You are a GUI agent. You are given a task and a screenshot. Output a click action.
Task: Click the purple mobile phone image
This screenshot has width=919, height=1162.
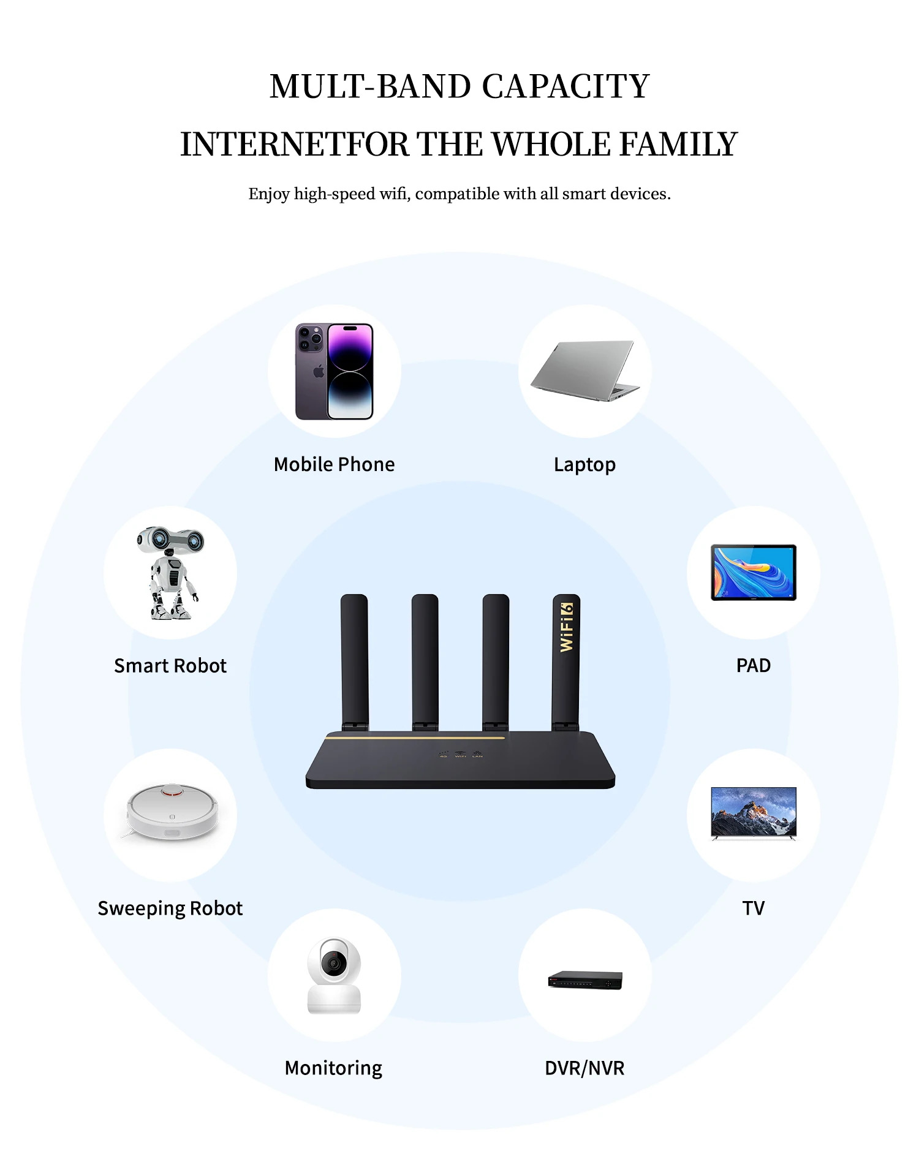335,371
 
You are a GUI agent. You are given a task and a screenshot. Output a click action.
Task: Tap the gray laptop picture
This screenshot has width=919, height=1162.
585,371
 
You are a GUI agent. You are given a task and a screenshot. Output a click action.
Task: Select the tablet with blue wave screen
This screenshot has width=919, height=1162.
754,572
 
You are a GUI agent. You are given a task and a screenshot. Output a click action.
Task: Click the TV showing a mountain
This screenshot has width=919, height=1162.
754,812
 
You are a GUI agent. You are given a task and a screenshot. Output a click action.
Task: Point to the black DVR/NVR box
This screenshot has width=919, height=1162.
585,979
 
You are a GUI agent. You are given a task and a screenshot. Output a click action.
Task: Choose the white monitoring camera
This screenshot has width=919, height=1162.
334,975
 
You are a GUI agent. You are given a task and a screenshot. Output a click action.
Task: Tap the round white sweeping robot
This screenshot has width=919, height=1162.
172,811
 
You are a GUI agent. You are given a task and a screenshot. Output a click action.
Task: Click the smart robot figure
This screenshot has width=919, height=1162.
170,572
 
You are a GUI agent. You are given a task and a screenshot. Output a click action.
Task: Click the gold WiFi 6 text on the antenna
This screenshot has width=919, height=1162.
567,627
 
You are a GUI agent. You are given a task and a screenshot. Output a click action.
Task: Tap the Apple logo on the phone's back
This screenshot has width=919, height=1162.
319,371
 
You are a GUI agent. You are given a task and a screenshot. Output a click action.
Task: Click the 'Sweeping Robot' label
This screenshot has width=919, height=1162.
170,908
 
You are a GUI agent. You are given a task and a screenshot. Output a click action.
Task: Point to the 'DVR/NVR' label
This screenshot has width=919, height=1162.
584,1068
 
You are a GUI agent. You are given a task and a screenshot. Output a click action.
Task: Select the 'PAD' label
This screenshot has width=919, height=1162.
754,665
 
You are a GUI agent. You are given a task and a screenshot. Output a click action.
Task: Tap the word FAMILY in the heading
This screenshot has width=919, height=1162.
678,145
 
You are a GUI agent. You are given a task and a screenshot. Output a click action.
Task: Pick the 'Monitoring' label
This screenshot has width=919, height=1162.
334,1068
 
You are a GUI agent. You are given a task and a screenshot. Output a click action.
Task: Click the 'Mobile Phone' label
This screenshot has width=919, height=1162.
335,464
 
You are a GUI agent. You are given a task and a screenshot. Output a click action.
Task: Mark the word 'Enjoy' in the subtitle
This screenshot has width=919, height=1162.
269,194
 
